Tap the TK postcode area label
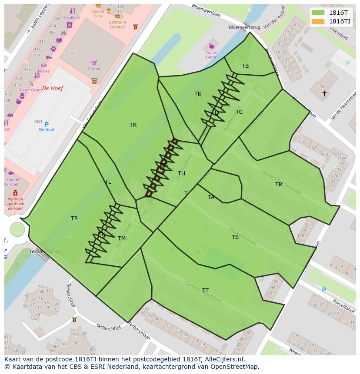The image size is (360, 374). click(133, 125)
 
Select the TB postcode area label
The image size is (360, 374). click(245, 66)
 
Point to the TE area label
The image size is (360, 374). click(198, 94)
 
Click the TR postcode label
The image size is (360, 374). click(279, 185)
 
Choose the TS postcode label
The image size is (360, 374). click(235, 237)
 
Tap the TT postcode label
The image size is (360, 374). click(205, 291)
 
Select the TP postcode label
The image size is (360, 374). click(74, 218)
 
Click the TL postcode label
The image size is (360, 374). click(108, 182)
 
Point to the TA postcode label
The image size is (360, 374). click(211, 197)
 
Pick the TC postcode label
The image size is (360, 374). click(239, 112)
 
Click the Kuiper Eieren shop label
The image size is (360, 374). click(211, 55)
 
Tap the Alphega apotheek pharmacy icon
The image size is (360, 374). click(15, 192)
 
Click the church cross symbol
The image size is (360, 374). click(324, 93)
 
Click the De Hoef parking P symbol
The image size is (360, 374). click(47, 125)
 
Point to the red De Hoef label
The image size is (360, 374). click(53, 88)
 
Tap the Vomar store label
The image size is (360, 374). click(94, 69)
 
